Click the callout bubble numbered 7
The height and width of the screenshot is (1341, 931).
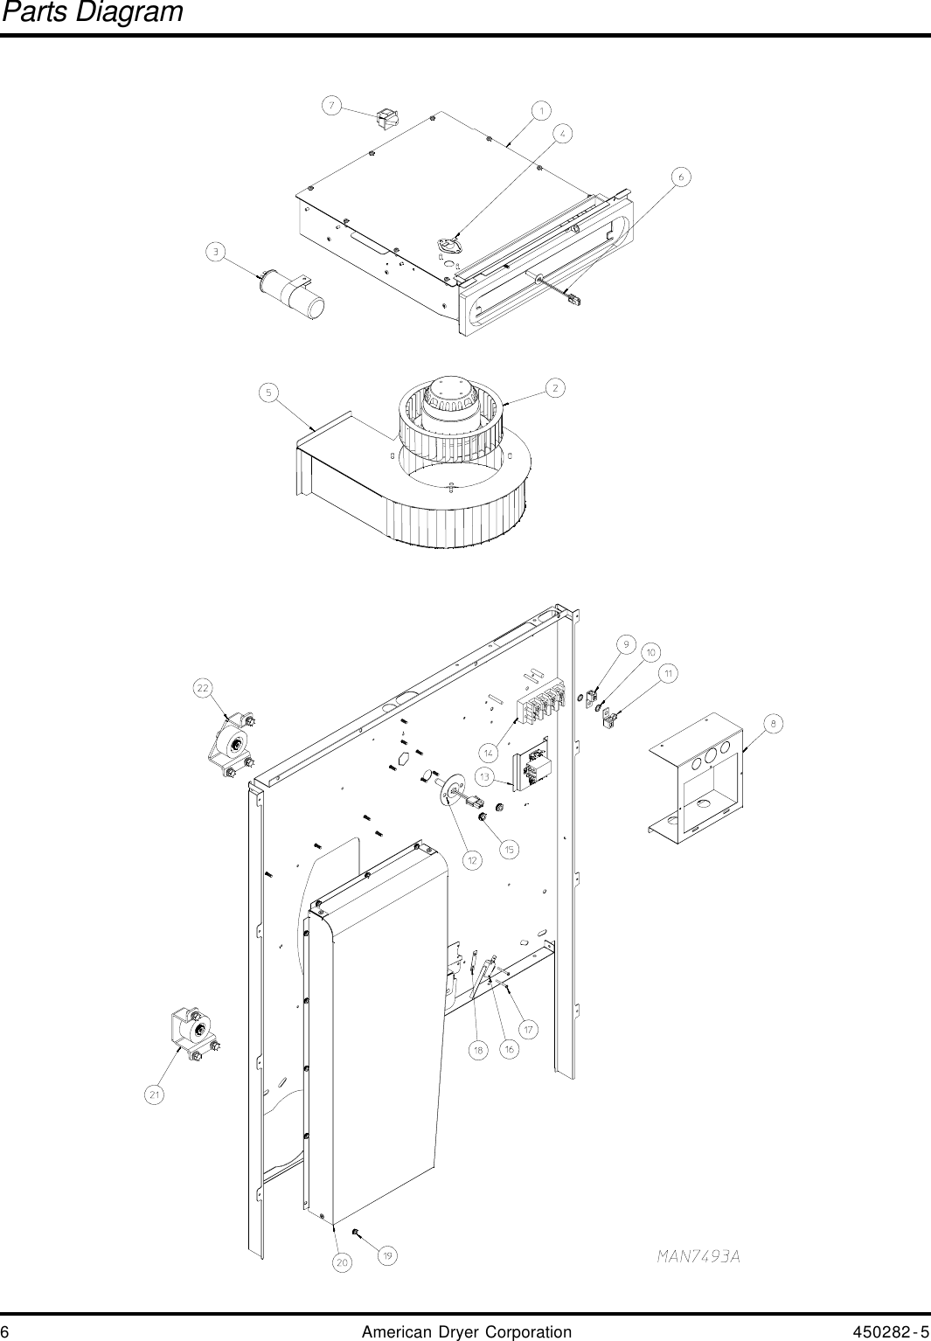(331, 106)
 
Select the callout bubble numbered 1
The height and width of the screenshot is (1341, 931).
(541, 110)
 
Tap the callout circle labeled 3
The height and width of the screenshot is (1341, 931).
(214, 253)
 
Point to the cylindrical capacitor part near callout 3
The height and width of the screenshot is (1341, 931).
(293, 294)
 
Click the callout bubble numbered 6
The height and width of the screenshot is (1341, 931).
(680, 177)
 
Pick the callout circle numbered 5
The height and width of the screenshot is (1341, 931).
(269, 393)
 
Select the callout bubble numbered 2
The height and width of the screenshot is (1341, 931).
(555, 387)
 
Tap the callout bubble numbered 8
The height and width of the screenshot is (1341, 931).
(773, 723)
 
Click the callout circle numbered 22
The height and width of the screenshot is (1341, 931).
(203, 688)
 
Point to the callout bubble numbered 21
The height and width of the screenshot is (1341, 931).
(154, 1094)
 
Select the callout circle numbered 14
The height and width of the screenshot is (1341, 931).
(489, 752)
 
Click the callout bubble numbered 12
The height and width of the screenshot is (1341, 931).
(472, 860)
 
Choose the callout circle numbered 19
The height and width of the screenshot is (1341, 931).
(387, 1255)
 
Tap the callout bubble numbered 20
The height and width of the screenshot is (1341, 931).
(342, 1262)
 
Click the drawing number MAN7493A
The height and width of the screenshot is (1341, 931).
(698, 1256)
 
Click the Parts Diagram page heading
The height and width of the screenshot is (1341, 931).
(92, 12)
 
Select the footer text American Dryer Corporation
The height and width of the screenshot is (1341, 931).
(466, 1331)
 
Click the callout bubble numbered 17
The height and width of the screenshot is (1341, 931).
(528, 1030)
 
